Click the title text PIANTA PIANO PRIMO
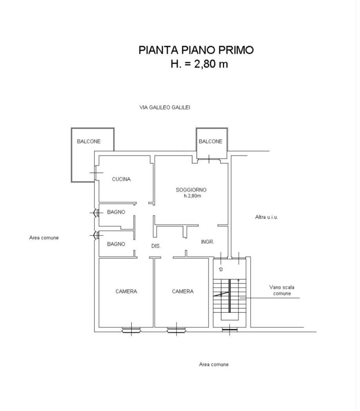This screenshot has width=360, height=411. point(196,50)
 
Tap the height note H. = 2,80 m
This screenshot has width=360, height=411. point(199,64)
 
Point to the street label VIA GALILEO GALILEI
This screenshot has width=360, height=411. point(165,108)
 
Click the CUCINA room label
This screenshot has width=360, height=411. point(121,179)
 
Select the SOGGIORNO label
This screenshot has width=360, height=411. point(191,190)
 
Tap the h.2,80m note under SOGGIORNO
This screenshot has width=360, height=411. point(192,196)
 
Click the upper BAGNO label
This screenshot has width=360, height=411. point(116,212)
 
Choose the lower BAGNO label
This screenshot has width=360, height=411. point(116,244)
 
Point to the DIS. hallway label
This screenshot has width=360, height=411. point(156,246)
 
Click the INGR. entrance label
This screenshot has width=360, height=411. point(208,242)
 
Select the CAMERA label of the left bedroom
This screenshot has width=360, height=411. point(126,292)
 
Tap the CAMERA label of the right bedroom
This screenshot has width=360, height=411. point(183,292)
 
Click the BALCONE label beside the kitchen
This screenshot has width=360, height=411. point(89,142)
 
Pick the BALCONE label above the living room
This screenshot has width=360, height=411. point(210,142)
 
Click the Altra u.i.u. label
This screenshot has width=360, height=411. point(267,217)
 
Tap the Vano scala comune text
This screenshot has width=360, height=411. point(282,290)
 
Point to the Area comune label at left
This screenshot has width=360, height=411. point(44,238)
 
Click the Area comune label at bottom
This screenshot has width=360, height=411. point(214,364)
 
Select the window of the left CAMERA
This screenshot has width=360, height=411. point(131,330)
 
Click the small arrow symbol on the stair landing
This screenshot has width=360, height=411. point(221,269)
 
